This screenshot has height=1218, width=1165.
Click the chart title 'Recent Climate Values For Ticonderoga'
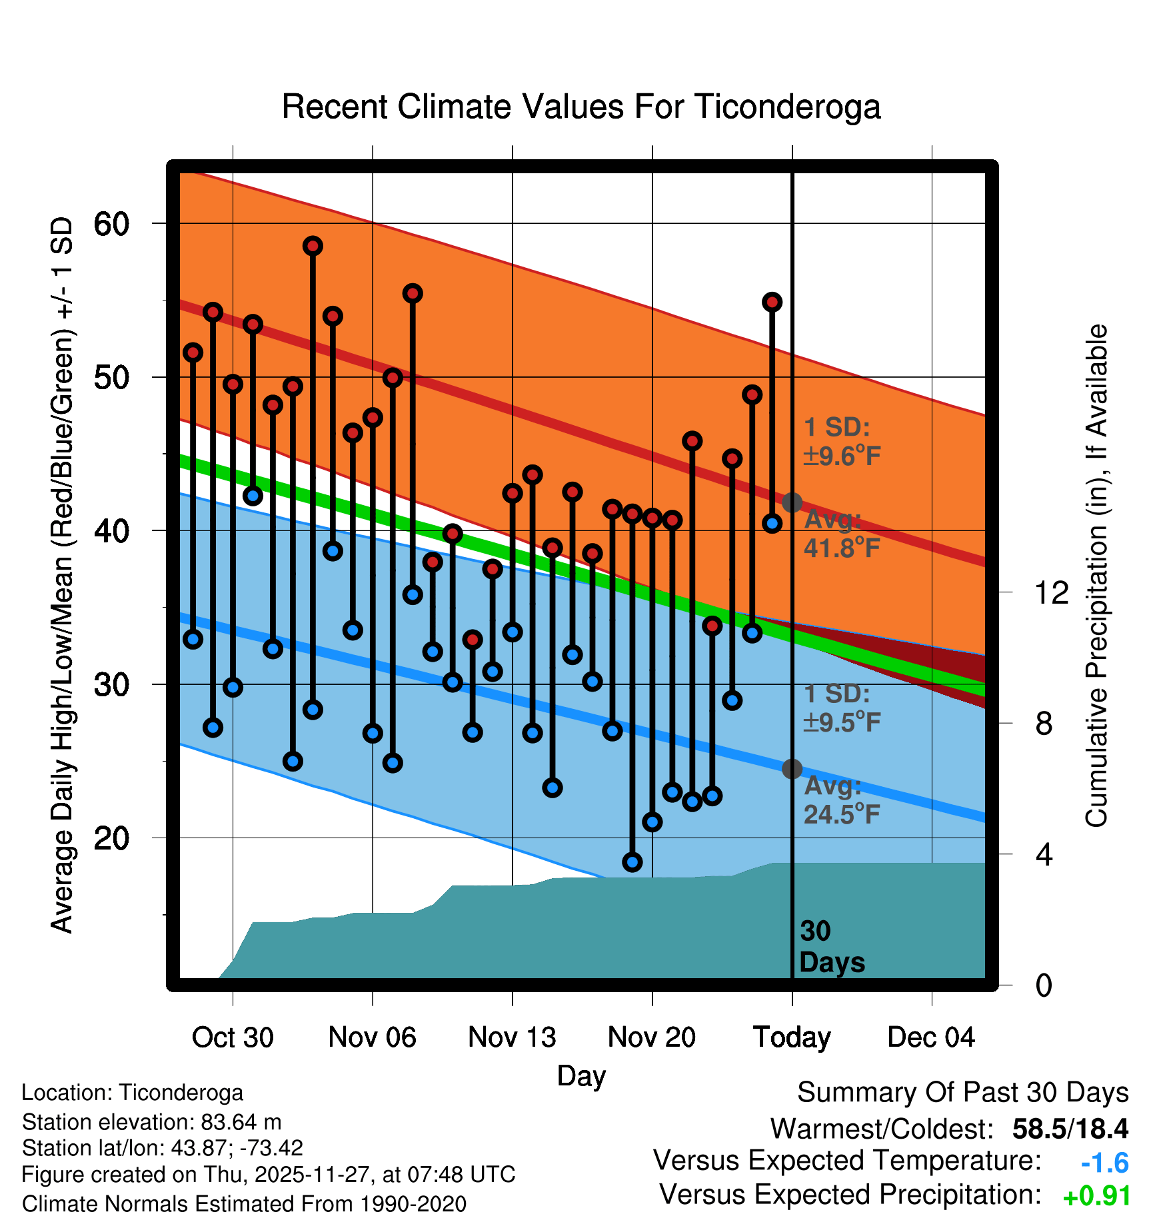click(x=581, y=107)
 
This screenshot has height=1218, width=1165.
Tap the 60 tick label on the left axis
click(x=111, y=224)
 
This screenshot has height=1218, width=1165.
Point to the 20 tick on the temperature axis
click(x=111, y=838)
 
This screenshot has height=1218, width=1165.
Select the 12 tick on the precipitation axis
click(x=1051, y=592)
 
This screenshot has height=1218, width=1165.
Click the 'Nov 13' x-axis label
click(x=512, y=1037)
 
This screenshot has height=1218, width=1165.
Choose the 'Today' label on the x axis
click(x=792, y=1037)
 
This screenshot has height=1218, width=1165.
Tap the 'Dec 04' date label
click(x=931, y=1037)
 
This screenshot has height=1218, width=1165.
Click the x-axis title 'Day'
click(x=581, y=1076)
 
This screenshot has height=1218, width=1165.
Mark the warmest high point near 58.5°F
click(x=313, y=246)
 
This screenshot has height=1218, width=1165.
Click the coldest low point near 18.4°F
click(x=632, y=862)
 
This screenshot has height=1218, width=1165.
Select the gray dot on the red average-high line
click(x=792, y=502)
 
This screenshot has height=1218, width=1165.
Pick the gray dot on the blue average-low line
click(x=792, y=769)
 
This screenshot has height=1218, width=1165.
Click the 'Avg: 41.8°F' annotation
click(x=841, y=534)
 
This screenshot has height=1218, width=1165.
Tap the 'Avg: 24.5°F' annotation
click(x=841, y=800)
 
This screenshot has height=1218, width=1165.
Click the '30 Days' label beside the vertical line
click(x=831, y=947)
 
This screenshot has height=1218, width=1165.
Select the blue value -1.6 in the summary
click(x=1104, y=1163)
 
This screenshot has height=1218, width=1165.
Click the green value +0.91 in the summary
click(x=1096, y=1197)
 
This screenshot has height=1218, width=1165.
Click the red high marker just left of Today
click(x=772, y=303)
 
